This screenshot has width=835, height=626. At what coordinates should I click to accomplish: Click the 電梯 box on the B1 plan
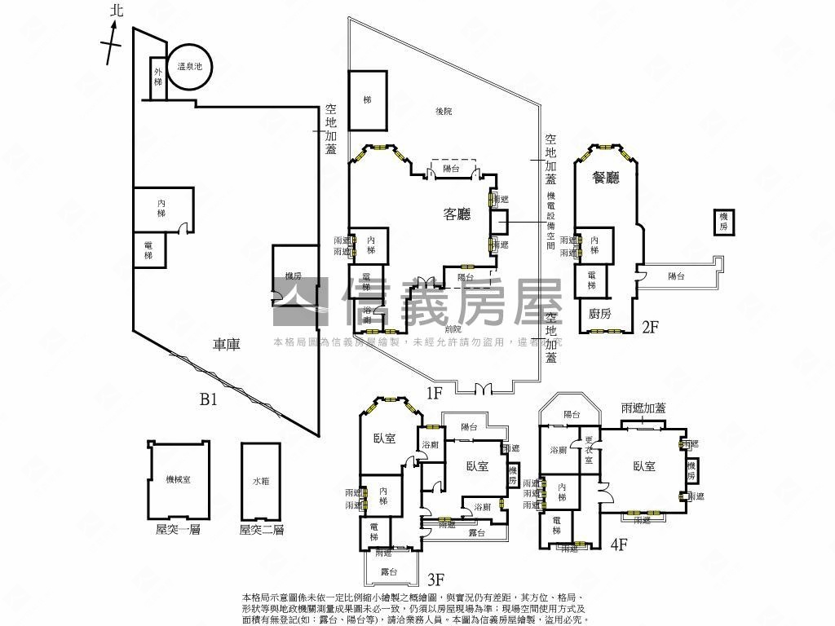[148, 250]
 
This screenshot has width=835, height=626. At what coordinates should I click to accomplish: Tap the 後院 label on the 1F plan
[443, 112]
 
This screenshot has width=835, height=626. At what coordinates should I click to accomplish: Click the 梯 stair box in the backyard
[368, 99]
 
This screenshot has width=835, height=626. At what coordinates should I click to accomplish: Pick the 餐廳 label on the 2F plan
[606, 177]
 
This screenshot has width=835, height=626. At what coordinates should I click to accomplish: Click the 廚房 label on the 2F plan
[599, 312]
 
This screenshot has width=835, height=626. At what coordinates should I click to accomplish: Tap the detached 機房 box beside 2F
[723, 223]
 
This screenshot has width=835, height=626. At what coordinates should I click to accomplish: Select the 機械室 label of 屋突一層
[178, 479]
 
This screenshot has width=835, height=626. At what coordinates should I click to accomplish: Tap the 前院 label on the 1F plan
[454, 329]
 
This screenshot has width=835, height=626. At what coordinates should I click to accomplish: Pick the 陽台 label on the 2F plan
[676, 277]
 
